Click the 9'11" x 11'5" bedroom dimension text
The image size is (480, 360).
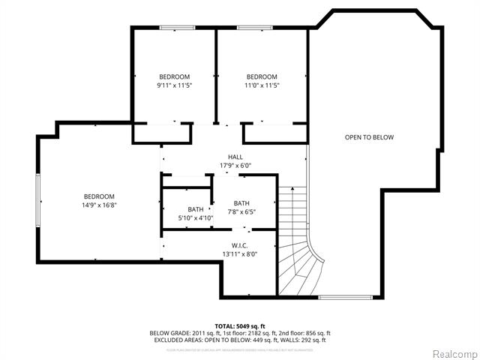(x=174, y=85)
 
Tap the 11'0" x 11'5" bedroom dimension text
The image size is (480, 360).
(x=262, y=85)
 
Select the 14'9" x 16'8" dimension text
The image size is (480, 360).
(x=99, y=205)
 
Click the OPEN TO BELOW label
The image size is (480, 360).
(x=369, y=137)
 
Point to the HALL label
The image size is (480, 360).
(x=235, y=157)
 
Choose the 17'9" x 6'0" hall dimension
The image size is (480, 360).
(x=235, y=165)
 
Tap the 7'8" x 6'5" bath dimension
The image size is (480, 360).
(x=241, y=211)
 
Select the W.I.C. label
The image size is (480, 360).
(x=240, y=245)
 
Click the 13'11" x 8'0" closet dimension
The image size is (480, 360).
(x=240, y=254)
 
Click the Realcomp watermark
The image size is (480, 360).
(x=452, y=353)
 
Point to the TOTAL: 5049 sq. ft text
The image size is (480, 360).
(x=240, y=325)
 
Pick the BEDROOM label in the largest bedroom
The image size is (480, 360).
(x=99, y=196)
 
